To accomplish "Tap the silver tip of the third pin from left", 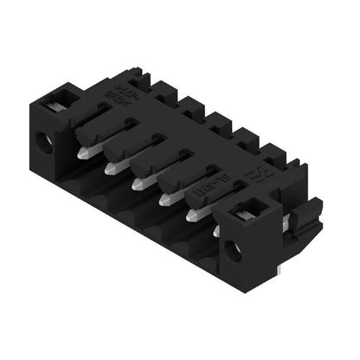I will click(138, 183).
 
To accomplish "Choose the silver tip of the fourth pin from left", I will click(164, 200).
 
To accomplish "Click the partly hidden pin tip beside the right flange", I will click(216, 232).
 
